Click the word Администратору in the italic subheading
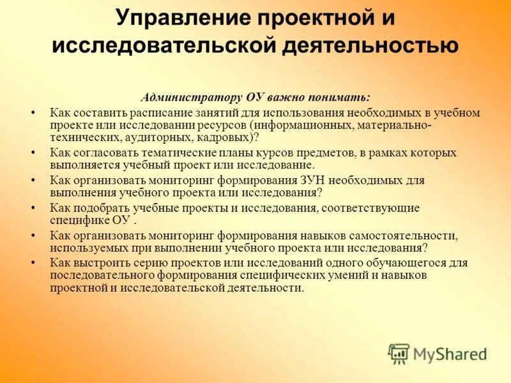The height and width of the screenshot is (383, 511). click(190, 98)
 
